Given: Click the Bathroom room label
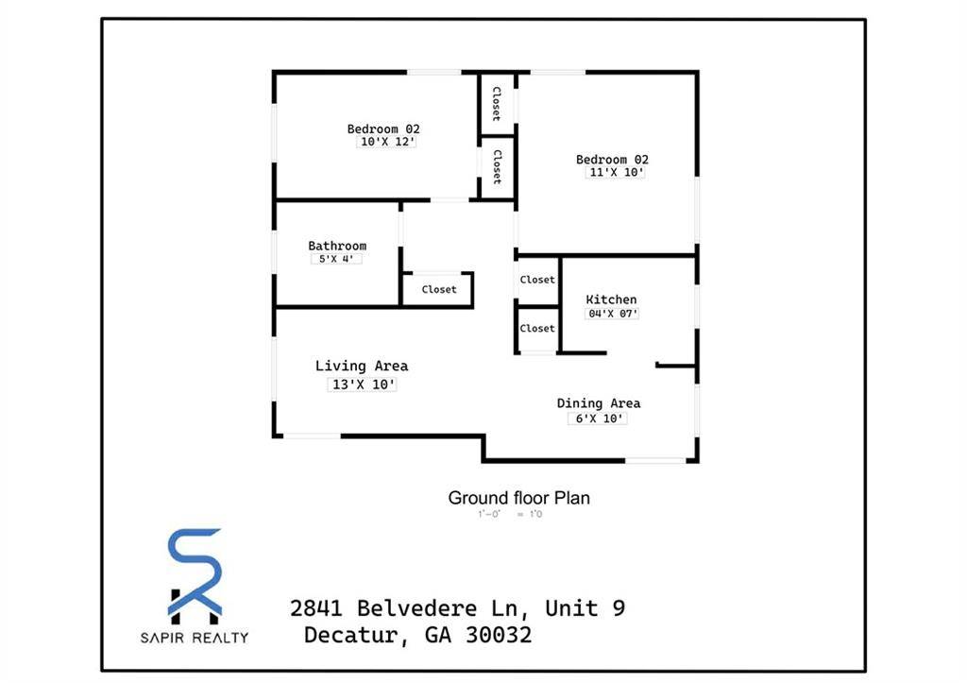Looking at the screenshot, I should pyautogui.click(x=337, y=246).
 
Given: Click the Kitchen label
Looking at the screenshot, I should pyautogui.click(x=611, y=299).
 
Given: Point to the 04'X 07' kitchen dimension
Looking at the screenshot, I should pyautogui.click(x=612, y=314).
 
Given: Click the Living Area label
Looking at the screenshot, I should pyautogui.click(x=362, y=366).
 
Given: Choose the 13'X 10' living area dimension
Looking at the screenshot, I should pyautogui.click(x=361, y=384).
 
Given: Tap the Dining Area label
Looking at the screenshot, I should pyautogui.click(x=598, y=403).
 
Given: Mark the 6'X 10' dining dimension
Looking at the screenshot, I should pyautogui.click(x=597, y=418).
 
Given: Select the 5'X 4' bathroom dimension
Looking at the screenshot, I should pyautogui.click(x=337, y=259).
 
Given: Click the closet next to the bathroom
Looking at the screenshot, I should pyautogui.click(x=438, y=289).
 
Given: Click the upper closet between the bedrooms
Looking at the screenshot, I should pyautogui.click(x=496, y=103).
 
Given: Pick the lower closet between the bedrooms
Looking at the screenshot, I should pyautogui.click(x=497, y=167).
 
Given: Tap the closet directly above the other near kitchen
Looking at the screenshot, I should pyautogui.click(x=537, y=280).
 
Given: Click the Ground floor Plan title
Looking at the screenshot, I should pyautogui.click(x=518, y=497).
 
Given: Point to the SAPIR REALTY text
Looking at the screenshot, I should pyautogui.click(x=195, y=638).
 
